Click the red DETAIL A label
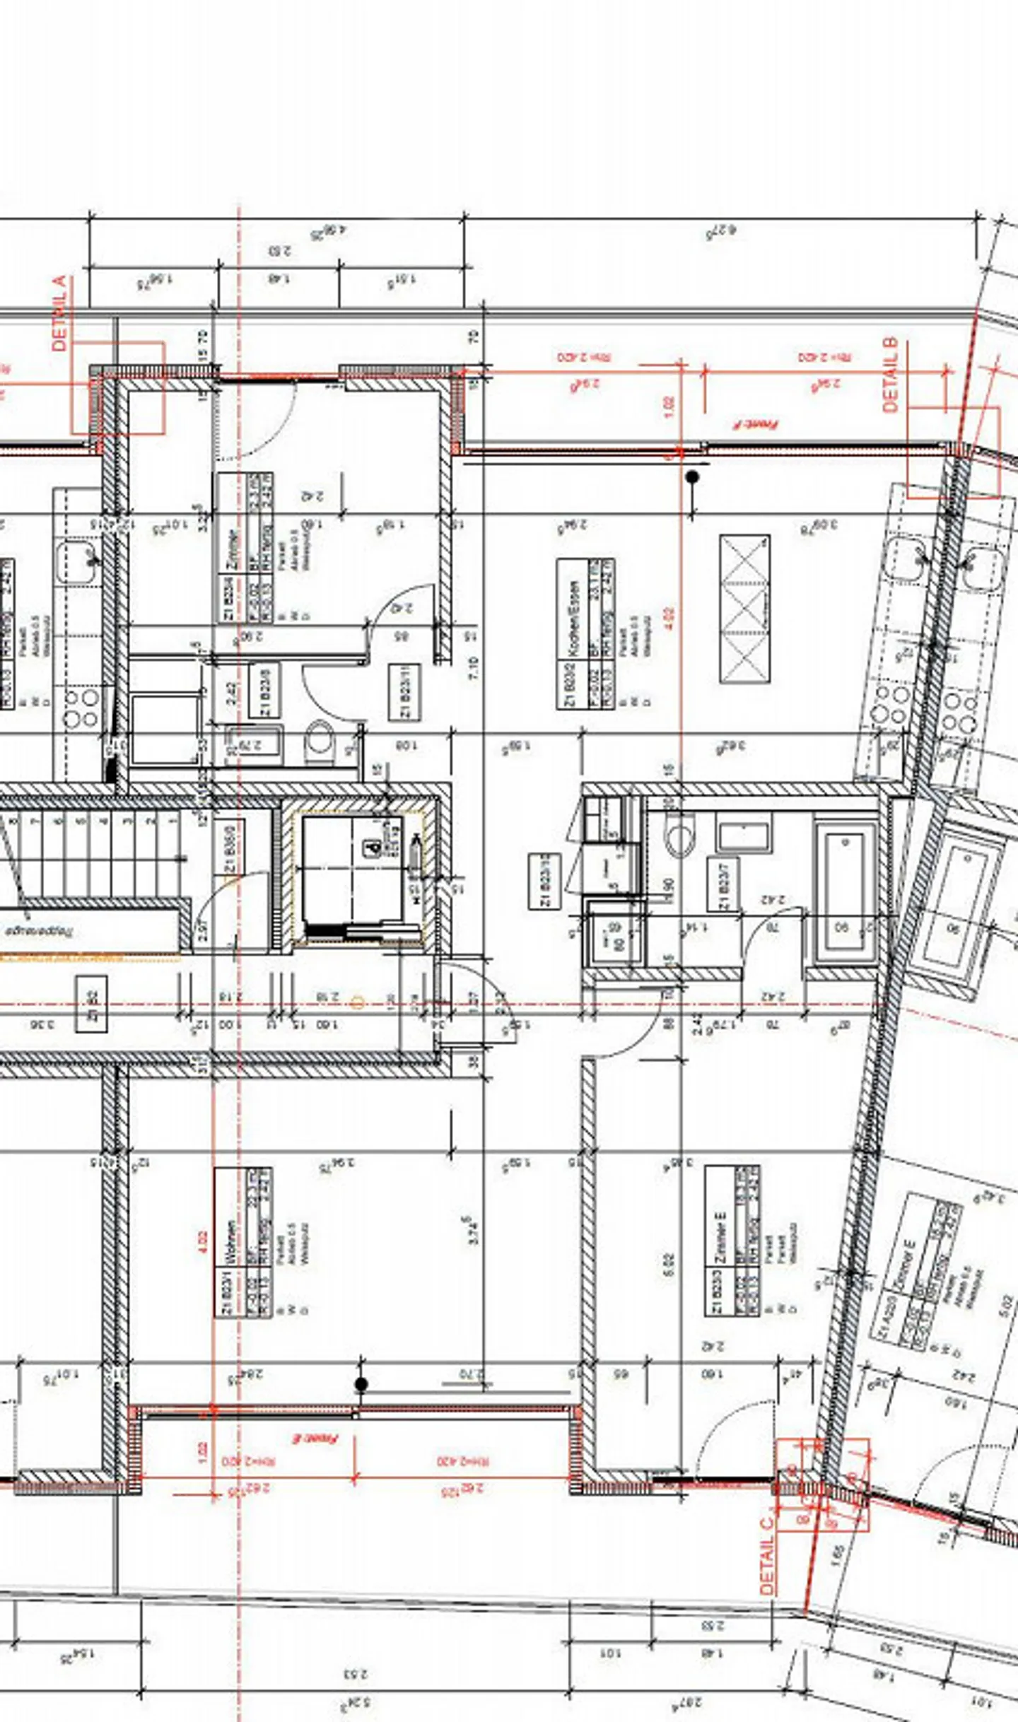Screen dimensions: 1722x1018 coord(60,313)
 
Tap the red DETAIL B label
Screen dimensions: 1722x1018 coord(891,375)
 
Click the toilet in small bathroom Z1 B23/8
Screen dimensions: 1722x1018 coord(320,739)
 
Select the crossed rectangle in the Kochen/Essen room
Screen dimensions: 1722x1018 coord(744,609)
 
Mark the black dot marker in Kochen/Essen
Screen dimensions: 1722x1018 coord(692,477)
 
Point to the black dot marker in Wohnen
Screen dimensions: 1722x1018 coord(361,1384)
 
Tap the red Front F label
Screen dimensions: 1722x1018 coord(755,424)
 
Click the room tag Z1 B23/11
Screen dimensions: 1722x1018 coord(405,692)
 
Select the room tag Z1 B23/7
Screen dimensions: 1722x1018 coord(723,884)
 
